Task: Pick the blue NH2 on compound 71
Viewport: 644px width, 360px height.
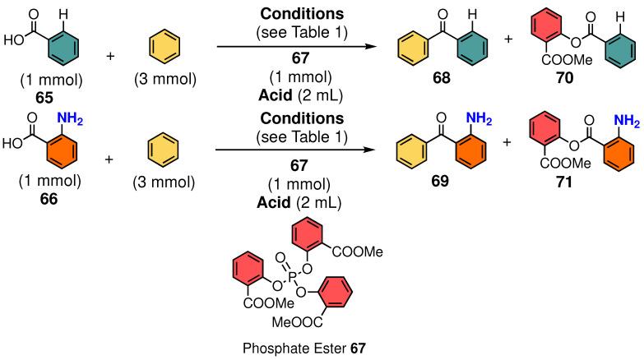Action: (627, 124)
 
